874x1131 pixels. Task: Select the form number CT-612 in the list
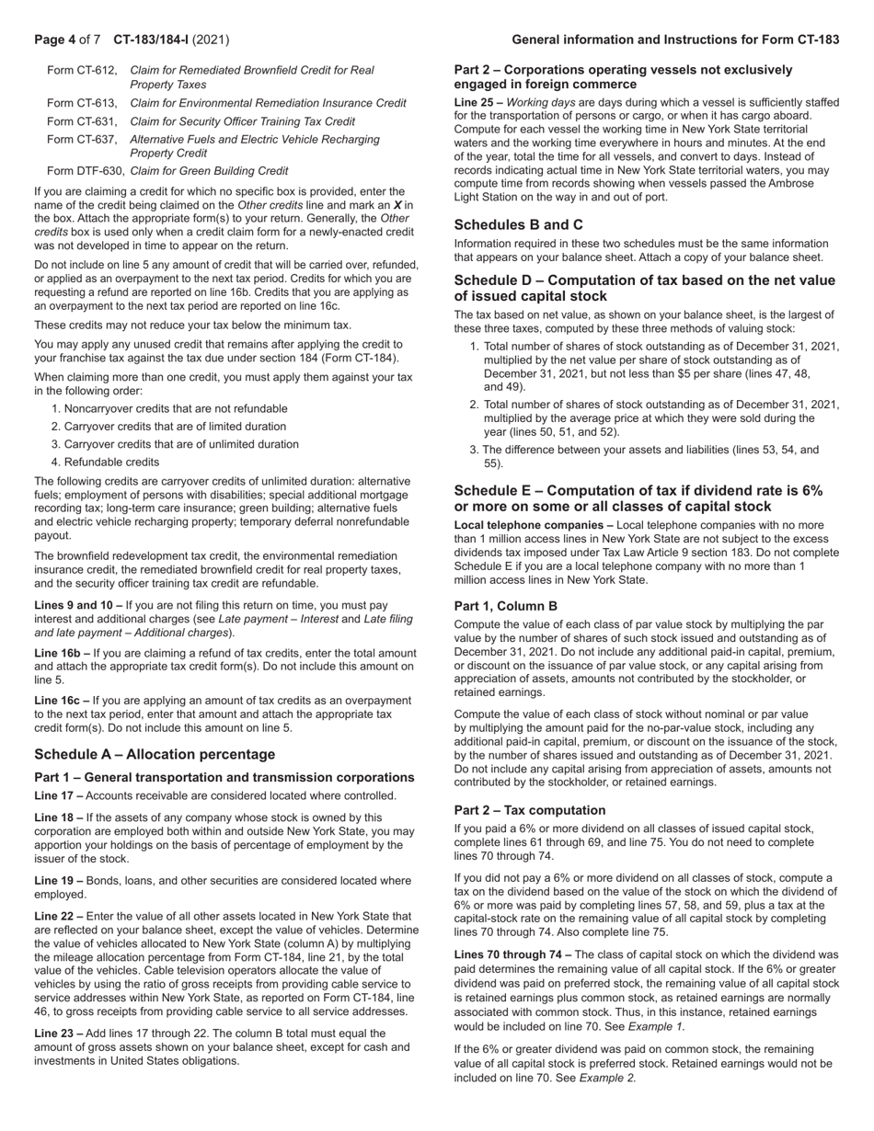click(82, 70)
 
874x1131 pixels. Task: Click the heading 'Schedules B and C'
click(518, 224)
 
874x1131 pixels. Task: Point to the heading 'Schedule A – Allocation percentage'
click(155, 754)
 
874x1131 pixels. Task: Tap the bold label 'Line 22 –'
click(58, 916)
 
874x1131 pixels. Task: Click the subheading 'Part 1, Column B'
click(505, 606)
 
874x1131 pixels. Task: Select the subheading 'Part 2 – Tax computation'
click(530, 810)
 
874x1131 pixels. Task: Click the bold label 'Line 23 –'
click(58, 1034)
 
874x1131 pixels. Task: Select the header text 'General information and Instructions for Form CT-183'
click(675, 40)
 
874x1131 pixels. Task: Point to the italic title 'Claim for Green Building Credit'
click(210, 170)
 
